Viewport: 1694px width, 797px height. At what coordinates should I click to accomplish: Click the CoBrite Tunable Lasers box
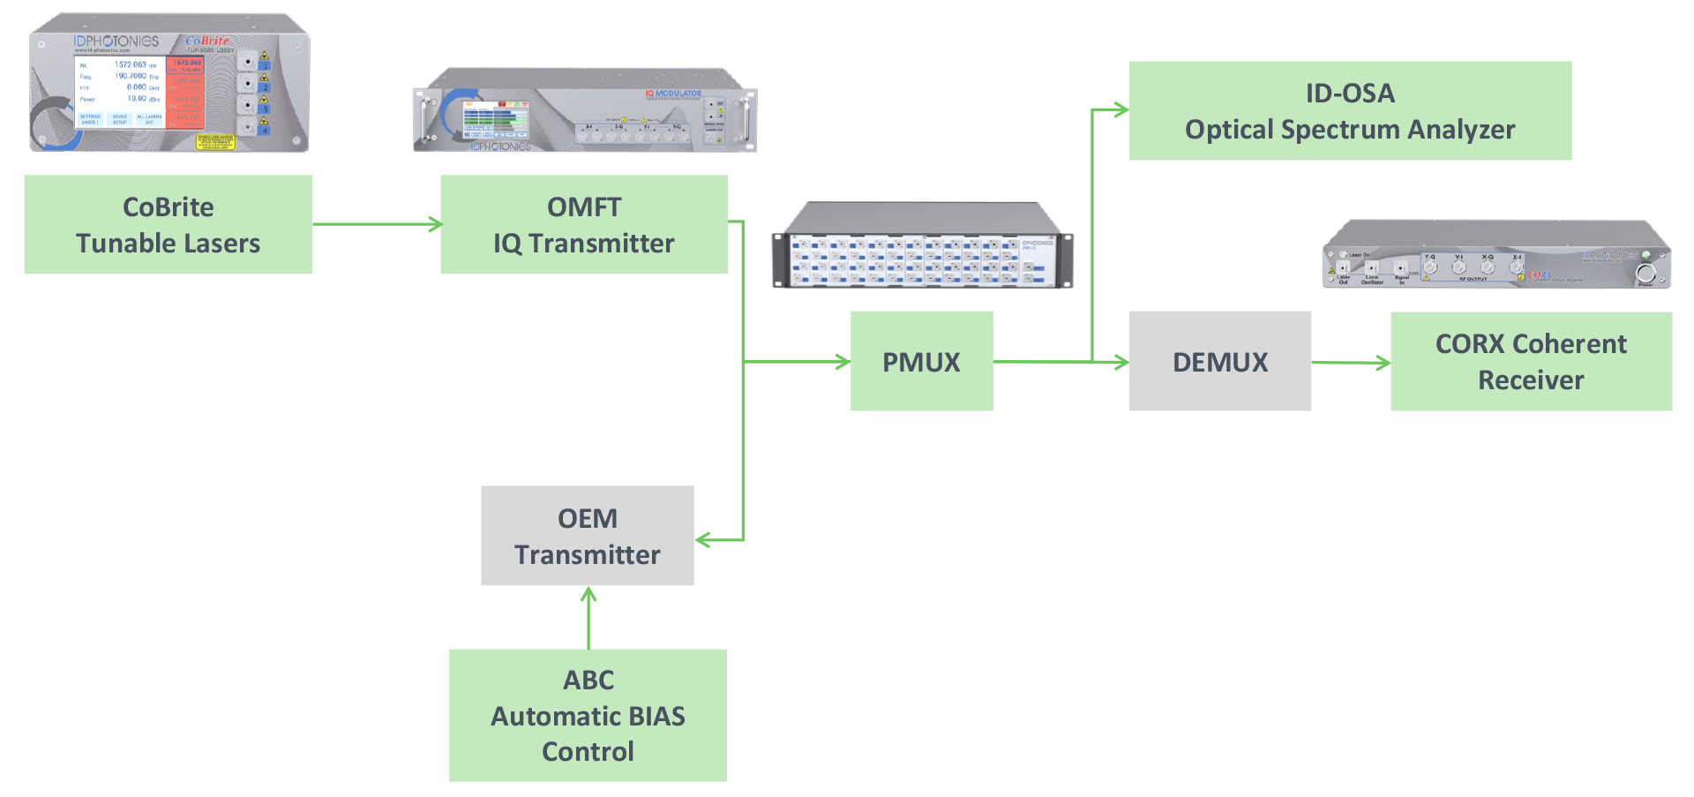[168, 224]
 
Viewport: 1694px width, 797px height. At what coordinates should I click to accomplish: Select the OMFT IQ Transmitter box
[584, 224]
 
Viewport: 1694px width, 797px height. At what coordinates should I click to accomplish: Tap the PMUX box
[921, 361]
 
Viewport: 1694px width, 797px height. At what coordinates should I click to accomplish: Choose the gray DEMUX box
[1219, 361]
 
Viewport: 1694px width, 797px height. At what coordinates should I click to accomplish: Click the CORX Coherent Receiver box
[1531, 361]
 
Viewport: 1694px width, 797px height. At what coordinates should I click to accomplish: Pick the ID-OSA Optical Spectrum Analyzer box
[1350, 110]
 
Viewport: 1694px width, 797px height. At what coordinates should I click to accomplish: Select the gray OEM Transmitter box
[587, 536]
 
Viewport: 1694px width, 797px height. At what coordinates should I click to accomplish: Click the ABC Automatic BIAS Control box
[588, 715]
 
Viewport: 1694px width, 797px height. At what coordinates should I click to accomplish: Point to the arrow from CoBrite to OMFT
[377, 224]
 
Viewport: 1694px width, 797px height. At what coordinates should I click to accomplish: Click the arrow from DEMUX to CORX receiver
[1350, 362]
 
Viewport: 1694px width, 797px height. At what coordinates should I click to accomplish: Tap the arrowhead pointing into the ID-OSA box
[1121, 110]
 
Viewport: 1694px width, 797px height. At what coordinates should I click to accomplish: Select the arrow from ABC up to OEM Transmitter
[588, 618]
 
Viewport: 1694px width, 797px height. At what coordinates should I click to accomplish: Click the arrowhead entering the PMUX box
[842, 361]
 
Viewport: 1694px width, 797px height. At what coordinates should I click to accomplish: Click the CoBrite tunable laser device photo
[169, 83]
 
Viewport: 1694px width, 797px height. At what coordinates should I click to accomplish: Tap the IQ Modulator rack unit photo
[585, 111]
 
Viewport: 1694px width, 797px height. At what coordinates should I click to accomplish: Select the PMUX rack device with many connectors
[922, 247]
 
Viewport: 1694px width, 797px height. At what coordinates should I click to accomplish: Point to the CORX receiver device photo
[1496, 256]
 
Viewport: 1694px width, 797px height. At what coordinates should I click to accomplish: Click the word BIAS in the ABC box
[649, 716]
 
